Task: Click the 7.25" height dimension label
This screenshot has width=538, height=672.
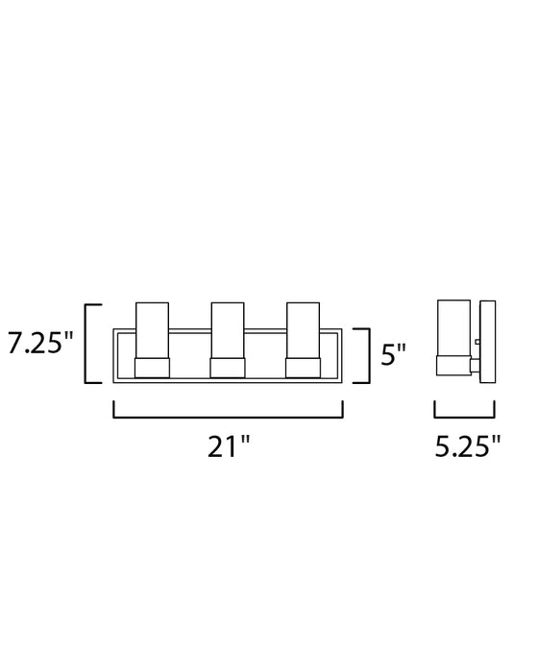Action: (40, 343)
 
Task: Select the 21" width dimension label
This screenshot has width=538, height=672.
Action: (229, 446)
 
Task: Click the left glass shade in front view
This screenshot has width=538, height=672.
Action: (153, 330)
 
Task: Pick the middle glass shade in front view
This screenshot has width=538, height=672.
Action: (228, 330)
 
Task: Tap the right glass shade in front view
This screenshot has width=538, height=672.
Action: (304, 330)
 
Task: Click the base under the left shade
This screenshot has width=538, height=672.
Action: (153, 368)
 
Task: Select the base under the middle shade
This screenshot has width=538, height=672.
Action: (228, 368)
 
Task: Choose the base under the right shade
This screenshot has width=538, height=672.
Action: (304, 368)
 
